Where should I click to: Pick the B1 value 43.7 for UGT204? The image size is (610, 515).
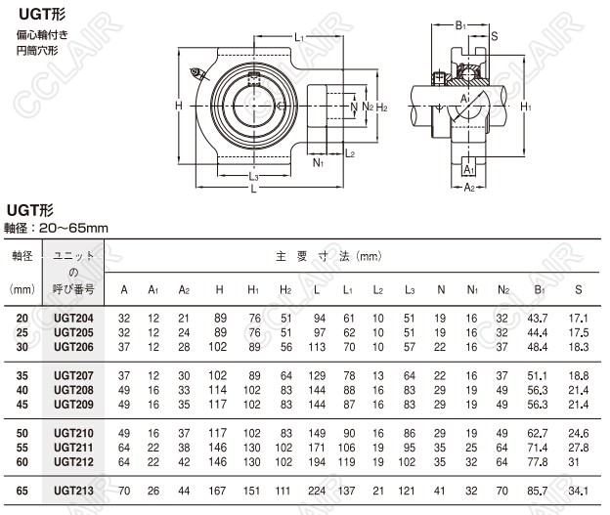(537, 320)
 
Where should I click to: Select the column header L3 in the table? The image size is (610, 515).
(410, 289)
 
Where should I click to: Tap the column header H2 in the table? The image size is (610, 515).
(285, 289)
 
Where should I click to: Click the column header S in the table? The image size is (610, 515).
(579, 289)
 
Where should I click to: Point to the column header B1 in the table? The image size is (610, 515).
(538, 289)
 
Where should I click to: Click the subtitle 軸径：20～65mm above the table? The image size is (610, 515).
(56, 228)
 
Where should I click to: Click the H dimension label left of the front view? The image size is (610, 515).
(179, 105)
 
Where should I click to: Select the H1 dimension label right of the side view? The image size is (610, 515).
(525, 105)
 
